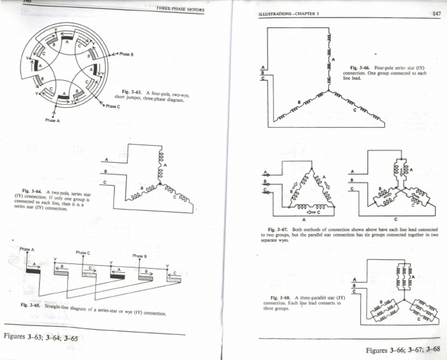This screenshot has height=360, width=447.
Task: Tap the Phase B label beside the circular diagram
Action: (x=126, y=54)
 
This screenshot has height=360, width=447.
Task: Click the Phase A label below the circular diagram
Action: (x=52, y=120)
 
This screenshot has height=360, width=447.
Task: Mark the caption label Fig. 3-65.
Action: (x=30, y=304)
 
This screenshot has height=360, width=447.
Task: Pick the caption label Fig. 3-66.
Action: (x=359, y=68)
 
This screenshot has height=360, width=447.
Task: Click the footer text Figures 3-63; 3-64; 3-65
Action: (x=41, y=337)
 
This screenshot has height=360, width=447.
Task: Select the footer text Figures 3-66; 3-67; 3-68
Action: (x=403, y=350)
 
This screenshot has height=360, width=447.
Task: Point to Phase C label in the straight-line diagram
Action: (x=83, y=253)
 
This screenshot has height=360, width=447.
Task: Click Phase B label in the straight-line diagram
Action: (x=140, y=256)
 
